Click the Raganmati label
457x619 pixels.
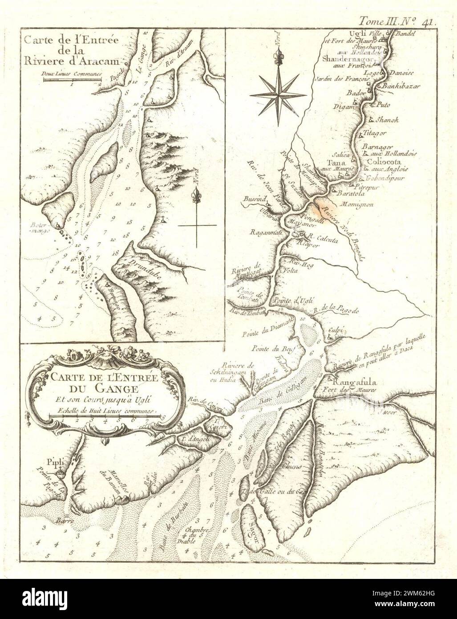[267, 232]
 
